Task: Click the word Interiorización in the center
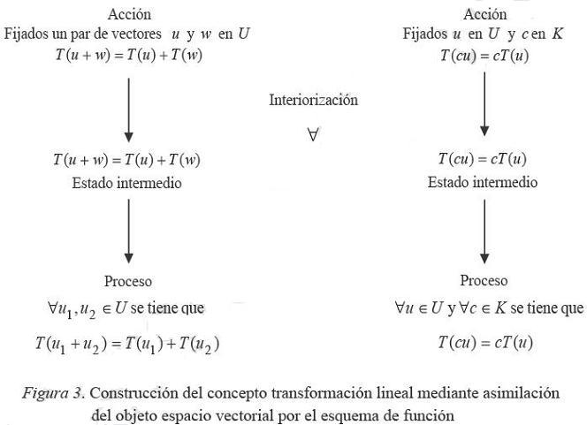tap(313, 100)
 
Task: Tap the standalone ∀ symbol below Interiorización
tap(313, 135)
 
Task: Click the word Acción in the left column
tap(129, 14)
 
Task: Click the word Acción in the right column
tap(484, 14)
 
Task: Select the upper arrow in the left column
tap(129, 110)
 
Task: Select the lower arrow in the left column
tap(129, 231)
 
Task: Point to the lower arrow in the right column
tap(484, 231)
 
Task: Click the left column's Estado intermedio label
tap(129, 184)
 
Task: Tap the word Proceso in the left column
tap(129, 281)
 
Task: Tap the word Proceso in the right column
tap(484, 281)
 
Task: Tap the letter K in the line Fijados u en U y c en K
tap(560, 34)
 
